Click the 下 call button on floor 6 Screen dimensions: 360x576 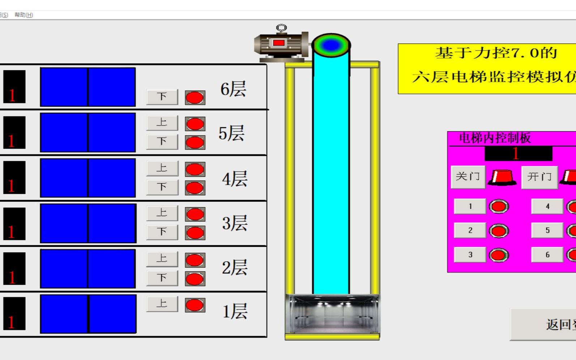pyautogui.click(x=162, y=97)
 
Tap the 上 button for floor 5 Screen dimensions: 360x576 pyautogui.click(x=162, y=123)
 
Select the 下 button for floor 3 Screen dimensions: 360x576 pyautogui.click(x=162, y=232)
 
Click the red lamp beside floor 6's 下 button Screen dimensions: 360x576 pyautogui.click(x=195, y=98)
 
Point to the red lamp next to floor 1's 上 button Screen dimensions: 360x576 pyautogui.click(x=195, y=305)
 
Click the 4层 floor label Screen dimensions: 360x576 pyautogui.click(x=235, y=179)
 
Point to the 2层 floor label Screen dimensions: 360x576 pyautogui.click(x=235, y=268)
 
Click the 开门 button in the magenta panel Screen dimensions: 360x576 pyautogui.click(x=539, y=177)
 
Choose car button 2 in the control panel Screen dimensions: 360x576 pyautogui.click(x=470, y=231)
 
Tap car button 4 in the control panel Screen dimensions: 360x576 pyautogui.click(x=547, y=206)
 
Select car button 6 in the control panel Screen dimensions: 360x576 pyautogui.click(x=547, y=255)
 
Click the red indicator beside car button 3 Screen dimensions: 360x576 pyautogui.click(x=499, y=255)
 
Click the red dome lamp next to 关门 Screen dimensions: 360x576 pyautogui.click(x=502, y=177)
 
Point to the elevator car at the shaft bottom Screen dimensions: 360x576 pyautogui.click(x=332, y=314)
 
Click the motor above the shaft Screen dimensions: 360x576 pyautogui.click(x=281, y=44)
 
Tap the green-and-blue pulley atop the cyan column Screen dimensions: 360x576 pyautogui.click(x=331, y=45)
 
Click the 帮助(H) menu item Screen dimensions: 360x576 pyautogui.click(x=24, y=15)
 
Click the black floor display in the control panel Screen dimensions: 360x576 pyautogui.click(x=518, y=154)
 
